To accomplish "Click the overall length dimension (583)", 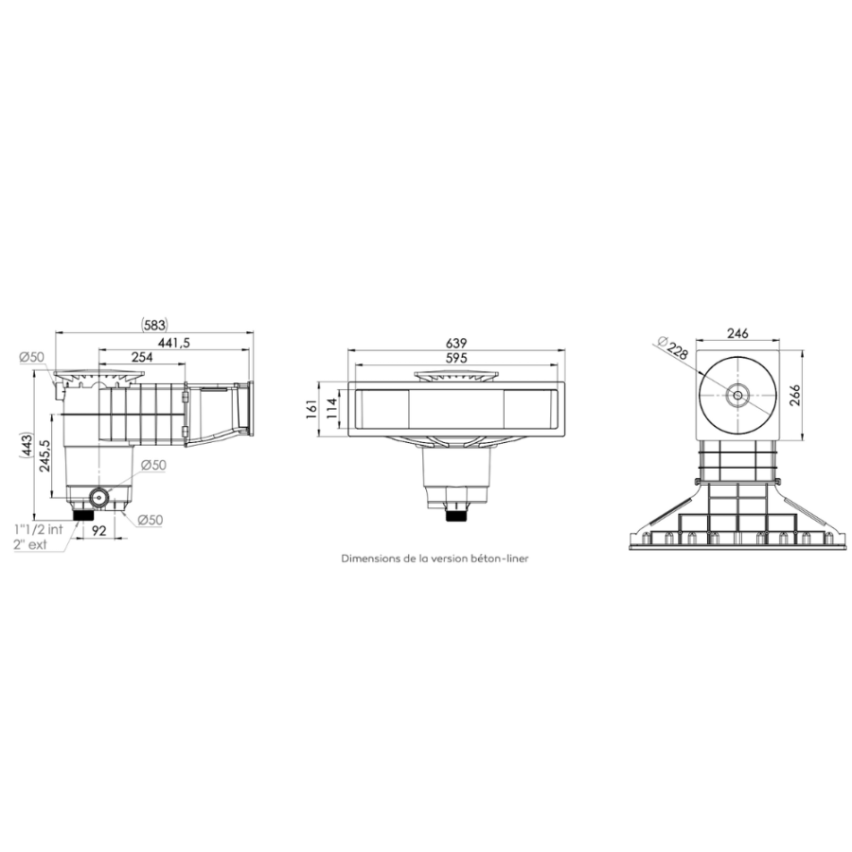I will point(154,325).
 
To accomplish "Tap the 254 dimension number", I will point(143,357).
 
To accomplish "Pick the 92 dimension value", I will point(98,530).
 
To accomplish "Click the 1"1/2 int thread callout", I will point(37,530).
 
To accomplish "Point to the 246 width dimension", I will point(738,332).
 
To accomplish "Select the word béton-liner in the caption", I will point(502,559).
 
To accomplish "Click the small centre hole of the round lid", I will point(737,396).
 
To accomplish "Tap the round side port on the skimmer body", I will point(98,497).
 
